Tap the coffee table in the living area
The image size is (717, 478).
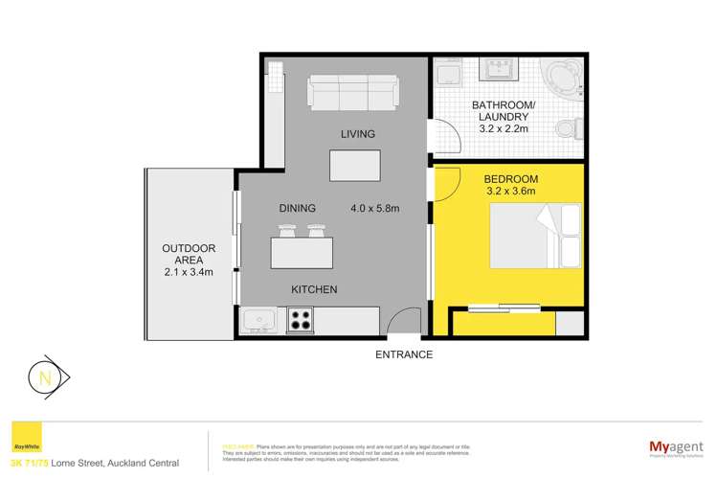click(x=354, y=166)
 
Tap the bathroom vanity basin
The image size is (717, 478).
click(x=498, y=73)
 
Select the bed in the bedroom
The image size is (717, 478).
click(x=536, y=238)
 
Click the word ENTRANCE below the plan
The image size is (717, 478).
click(x=404, y=354)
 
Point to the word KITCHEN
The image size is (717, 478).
click(x=314, y=289)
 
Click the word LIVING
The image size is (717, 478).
click(x=355, y=134)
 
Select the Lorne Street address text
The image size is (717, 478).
click(x=108, y=463)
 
